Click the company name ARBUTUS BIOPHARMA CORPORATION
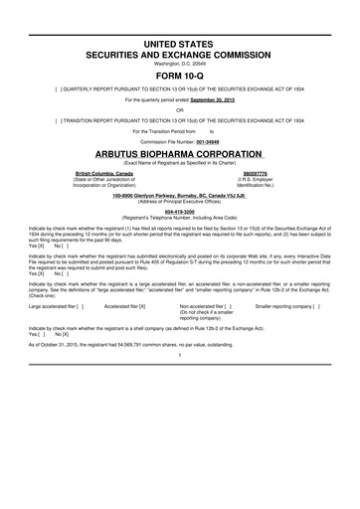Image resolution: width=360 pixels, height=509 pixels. coord(179,153)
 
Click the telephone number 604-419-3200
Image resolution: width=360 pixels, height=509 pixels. coord(179,212)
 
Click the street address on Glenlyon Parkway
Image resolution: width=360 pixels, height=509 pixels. coord(179,195)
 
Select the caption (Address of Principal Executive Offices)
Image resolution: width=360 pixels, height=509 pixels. coord(179,202)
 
